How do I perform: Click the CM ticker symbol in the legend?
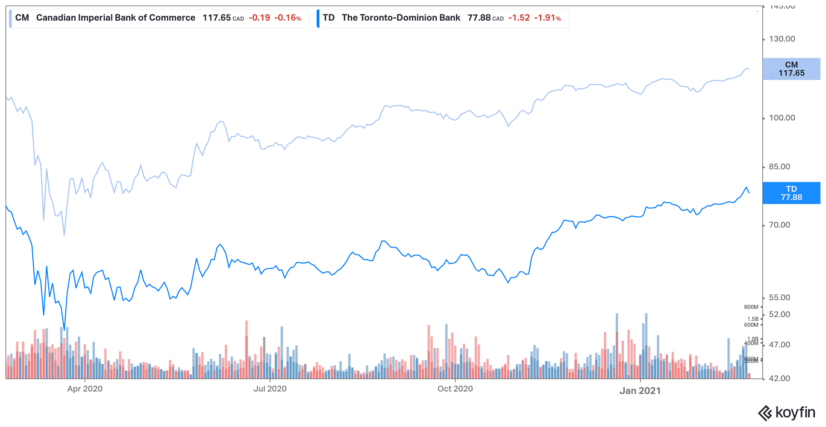pyautogui.click(x=22, y=18)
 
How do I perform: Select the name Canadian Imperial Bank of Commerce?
pyautogui.click(x=116, y=18)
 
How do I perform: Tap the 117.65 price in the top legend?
pyautogui.click(x=216, y=18)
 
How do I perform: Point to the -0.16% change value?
pyautogui.click(x=288, y=18)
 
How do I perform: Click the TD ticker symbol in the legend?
pyautogui.click(x=329, y=18)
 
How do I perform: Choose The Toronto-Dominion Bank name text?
pyautogui.click(x=401, y=18)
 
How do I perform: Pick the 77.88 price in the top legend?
pyautogui.click(x=479, y=18)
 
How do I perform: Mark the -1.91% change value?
pyautogui.click(x=548, y=18)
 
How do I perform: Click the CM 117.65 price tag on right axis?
pyautogui.click(x=791, y=69)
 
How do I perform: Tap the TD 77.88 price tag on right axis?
pyautogui.click(x=791, y=193)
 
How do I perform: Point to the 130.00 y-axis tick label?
pyautogui.click(x=782, y=39)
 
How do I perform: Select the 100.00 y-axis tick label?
pyautogui.click(x=782, y=118)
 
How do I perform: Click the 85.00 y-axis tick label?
pyautogui.click(x=780, y=167)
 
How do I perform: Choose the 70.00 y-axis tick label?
pyautogui.click(x=780, y=225)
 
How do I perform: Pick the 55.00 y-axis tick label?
pyautogui.click(x=780, y=298)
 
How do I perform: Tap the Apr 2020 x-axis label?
pyautogui.click(x=85, y=389)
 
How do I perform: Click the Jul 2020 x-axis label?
pyautogui.click(x=270, y=389)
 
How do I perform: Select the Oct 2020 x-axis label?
pyautogui.click(x=455, y=389)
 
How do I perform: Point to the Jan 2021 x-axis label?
pyautogui.click(x=640, y=391)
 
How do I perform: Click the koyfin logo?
pyautogui.click(x=786, y=413)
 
